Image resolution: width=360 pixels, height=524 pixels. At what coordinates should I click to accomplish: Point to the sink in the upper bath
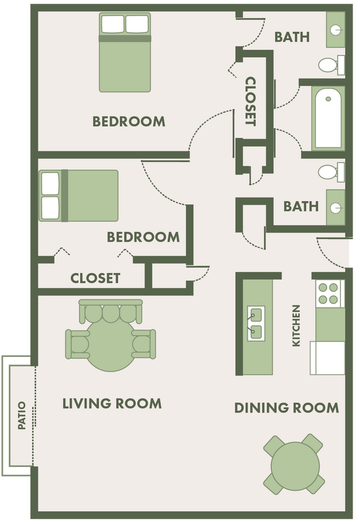point(336,29)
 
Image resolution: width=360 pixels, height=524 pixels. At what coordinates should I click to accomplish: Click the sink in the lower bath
point(336,206)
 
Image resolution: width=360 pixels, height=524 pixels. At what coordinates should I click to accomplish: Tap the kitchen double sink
point(256,323)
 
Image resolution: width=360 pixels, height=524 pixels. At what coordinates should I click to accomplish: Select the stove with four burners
point(329,294)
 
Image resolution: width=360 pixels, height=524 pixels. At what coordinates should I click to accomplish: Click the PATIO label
point(22,415)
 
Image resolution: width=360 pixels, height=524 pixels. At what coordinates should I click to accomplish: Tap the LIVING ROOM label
point(112,404)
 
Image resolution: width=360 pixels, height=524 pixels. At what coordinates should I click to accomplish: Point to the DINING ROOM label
point(286,408)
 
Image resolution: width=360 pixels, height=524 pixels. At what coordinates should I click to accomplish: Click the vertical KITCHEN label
point(297,325)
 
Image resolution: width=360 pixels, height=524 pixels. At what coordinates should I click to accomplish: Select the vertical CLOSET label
point(251,101)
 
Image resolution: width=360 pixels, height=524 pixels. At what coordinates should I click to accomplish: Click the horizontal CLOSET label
point(95,278)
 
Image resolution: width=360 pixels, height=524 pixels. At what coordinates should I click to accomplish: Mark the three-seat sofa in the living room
point(110,311)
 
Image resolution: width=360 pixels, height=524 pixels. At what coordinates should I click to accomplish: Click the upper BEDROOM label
point(128,121)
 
